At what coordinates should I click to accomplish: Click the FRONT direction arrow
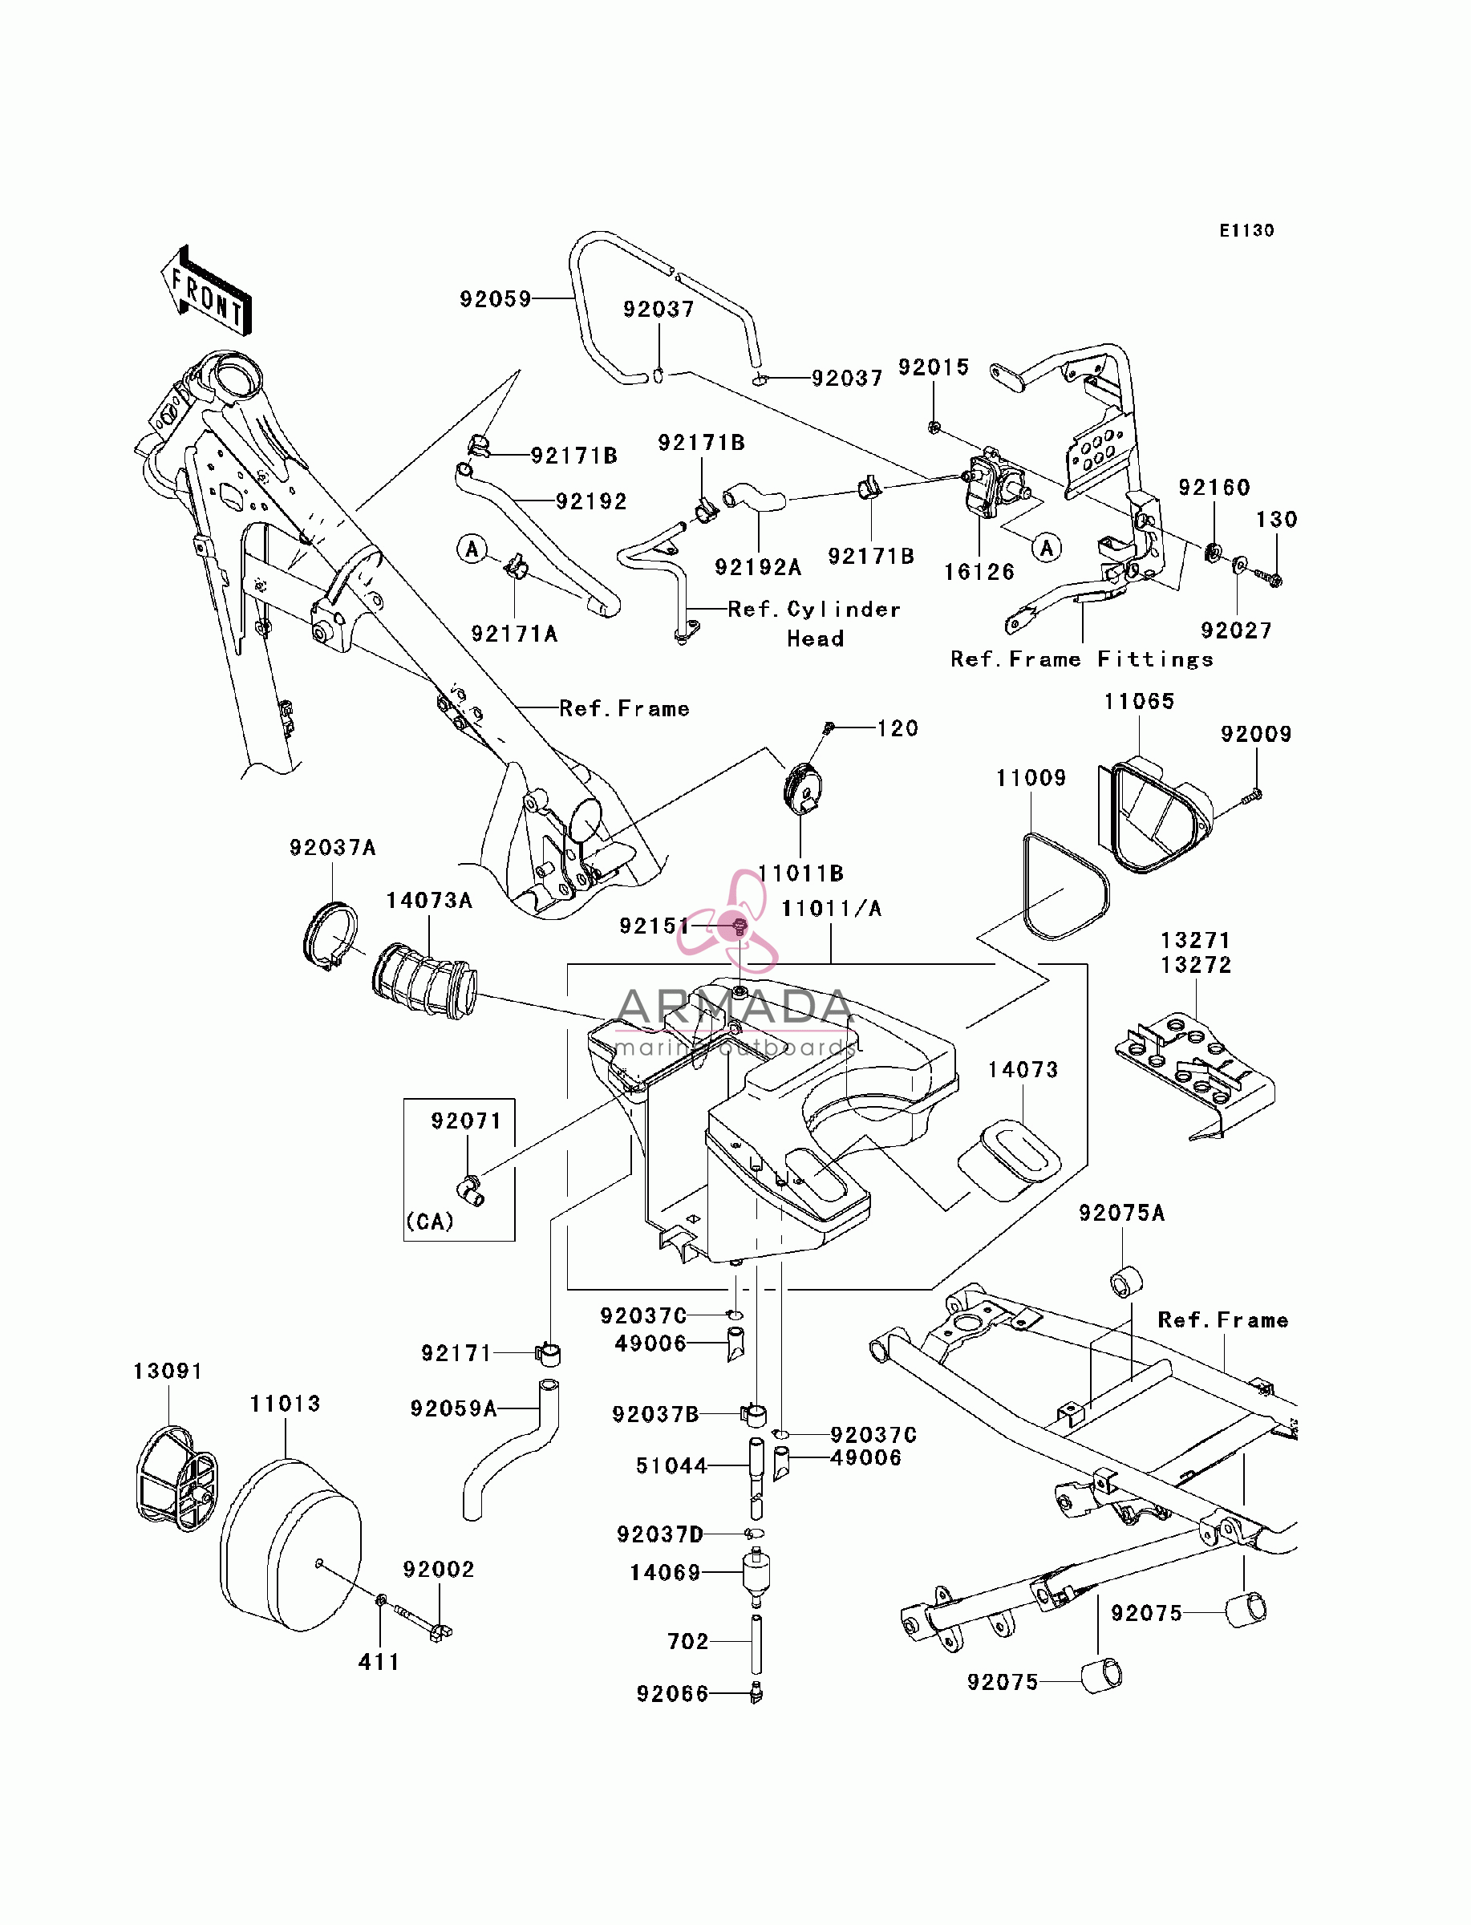[206, 290]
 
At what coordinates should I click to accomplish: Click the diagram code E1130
[1247, 230]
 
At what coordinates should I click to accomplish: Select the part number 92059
[496, 299]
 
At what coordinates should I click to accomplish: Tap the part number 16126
[979, 573]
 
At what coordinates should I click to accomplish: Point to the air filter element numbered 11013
[290, 1546]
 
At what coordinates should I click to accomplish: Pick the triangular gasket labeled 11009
[1066, 887]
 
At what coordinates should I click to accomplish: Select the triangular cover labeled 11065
[1155, 816]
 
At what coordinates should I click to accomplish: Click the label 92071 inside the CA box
[466, 1121]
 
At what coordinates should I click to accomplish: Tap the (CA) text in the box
[430, 1222]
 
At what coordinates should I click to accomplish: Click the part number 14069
[666, 1573]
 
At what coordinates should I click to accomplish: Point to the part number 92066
[672, 1694]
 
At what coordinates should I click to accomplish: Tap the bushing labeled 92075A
[1126, 1282]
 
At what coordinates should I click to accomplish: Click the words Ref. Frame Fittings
[1082, 659]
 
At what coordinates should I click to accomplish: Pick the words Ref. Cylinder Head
[814, 623]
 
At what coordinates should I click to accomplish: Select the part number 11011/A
[831, 909]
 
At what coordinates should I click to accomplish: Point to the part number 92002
[439, 1570]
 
